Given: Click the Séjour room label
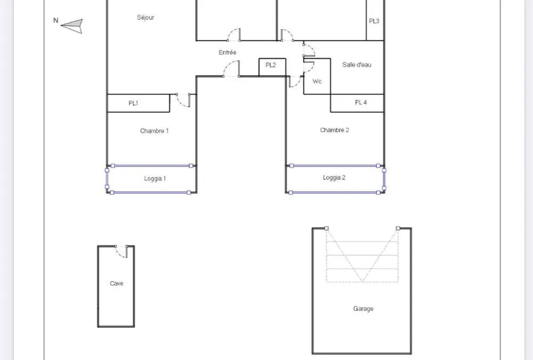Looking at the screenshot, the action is click(x=146, y=18).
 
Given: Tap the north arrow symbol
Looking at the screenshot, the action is click(x=72, y=26).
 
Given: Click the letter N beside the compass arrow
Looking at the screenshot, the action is click(x=56, y=20).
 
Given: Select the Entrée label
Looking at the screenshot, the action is click(x=228, y=52).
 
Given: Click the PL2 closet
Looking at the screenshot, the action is click(x=272, y=67).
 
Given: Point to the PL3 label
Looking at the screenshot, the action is click(x=374, y=21).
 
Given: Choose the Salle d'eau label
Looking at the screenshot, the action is click(x=357, y=65).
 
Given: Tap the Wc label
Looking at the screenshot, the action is click(x=317, y=81).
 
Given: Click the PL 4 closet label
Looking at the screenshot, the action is click(x=361, y=102).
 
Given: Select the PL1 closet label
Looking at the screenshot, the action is click(x=133, y=103).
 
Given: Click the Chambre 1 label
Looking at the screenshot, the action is click(x=155, y=131).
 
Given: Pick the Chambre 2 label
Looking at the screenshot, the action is click(x=335, y=130).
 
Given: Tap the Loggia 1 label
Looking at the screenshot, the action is click(x=155, y=179).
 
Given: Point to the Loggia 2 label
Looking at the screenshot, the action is click(x=334, y=178).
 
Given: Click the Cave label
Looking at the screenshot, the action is click(x=117, y=283).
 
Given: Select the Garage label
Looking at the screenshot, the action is click(x=364, y=309).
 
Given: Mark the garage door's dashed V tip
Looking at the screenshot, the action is click(x=362, y=282).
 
